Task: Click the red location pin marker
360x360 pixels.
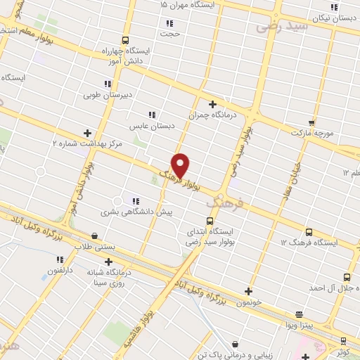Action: click(x=181, y=165)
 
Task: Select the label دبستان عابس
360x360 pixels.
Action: click(x=151, y=126)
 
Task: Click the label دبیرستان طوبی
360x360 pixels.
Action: click(x=108, y=94)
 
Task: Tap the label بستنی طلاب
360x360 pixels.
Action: click(x=94, y=246)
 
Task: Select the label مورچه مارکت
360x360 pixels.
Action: click(x=311, y=132)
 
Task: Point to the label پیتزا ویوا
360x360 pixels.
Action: click(x=299, y=326)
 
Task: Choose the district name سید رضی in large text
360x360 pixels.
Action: click(x=281, y=27)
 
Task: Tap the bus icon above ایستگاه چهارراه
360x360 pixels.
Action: click(x=125, y=40)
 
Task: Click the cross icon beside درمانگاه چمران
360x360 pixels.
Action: click(x=212, y=104)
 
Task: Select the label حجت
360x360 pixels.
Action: click(x=170, y=32)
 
